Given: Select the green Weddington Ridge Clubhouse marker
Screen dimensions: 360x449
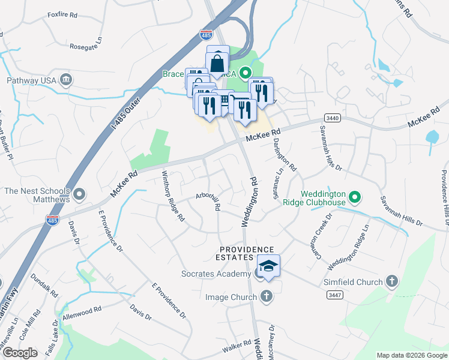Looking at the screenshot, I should [355, 196].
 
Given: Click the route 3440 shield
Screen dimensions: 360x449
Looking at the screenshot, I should [333, 118].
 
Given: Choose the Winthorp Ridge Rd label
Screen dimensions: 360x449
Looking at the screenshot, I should [172, 196].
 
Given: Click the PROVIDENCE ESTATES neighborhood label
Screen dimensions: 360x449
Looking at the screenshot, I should [246, 253].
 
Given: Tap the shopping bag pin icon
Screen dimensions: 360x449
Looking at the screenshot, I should [218, 61].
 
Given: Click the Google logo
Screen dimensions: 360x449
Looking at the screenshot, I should [20, 353].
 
